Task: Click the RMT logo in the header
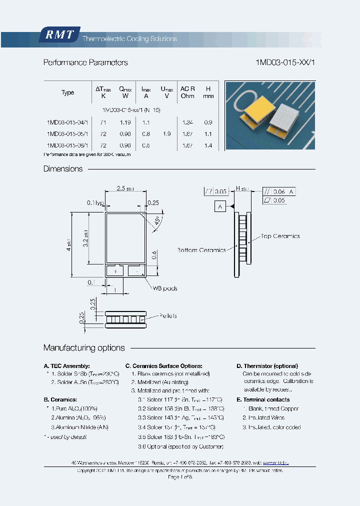tap(58, 35)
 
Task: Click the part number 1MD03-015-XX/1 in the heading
tap(285, 62)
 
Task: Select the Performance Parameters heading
tap(85, 62)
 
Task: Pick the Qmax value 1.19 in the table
tap(125, 122)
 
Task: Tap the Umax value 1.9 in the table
tap(166, 134)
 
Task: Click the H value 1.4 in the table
tap(208, 145)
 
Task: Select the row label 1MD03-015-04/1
tap(67, 122)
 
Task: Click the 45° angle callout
tap(158, 220)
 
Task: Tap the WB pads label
tap(165, 288)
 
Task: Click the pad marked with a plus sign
tap(116, 270)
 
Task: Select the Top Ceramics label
tap(279, 236)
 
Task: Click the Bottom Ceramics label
tap(201, 249)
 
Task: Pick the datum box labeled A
tap(220, 206)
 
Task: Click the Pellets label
tap(167, 316)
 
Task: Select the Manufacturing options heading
tap(84, 347)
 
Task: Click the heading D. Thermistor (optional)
tap(267, 366)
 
